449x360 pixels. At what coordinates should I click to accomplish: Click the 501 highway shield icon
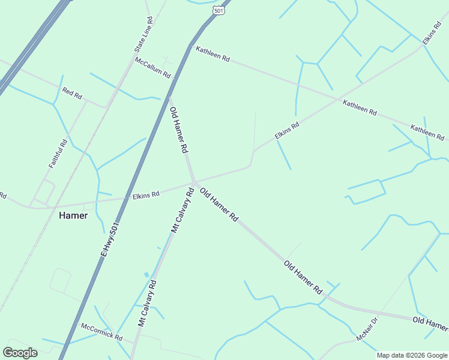[218, 10]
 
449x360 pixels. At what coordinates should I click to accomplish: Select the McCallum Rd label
[154, 68]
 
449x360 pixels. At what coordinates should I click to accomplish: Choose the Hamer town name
[73, 216]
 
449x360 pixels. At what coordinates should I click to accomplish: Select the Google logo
[20, 353]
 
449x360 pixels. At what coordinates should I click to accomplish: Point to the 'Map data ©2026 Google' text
[412, 355]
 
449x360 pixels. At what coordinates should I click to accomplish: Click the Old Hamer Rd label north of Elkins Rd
[179, 130]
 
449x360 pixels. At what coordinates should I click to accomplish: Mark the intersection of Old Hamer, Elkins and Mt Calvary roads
[194, 182]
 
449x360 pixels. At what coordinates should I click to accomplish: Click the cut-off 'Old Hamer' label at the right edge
[430, 325]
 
